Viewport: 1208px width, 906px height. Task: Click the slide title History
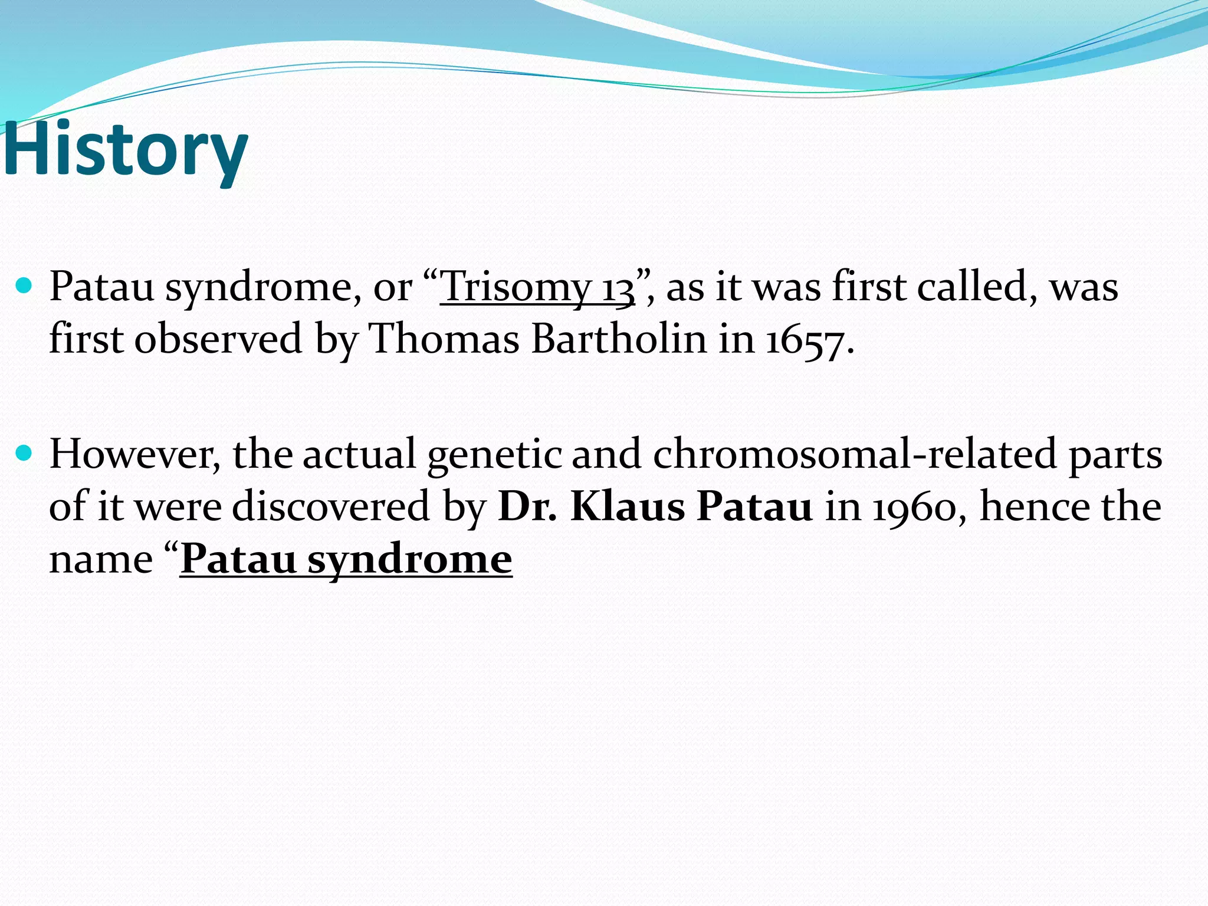click(125, 149)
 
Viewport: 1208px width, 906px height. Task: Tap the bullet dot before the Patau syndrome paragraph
click(24, 287)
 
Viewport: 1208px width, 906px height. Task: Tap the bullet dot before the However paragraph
click(24, 454)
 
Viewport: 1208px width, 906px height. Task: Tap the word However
click(135, 454)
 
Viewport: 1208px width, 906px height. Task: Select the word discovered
click(331, 507)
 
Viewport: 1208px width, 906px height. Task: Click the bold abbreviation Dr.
click(527, 507)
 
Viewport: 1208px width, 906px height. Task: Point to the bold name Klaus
click(627, 507)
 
